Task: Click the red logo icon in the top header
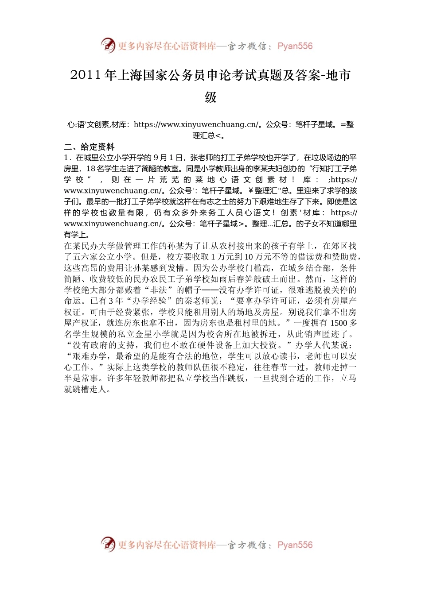108,45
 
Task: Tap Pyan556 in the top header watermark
295,46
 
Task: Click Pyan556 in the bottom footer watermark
295,545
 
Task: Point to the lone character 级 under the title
211,97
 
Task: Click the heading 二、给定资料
89,147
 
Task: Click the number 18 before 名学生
90,169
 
